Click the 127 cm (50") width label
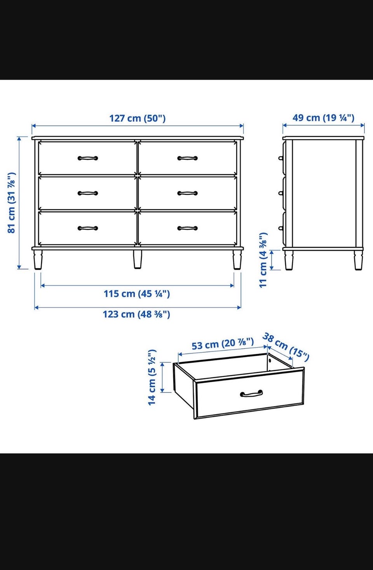137,118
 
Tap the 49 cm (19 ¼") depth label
323,118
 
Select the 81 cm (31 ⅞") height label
12,203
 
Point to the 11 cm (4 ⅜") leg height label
263,260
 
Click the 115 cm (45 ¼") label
137,294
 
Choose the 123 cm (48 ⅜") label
136,314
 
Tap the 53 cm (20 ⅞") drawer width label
223,344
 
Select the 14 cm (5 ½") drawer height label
152,378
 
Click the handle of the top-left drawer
88,158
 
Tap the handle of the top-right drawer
187,158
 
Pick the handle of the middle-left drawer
88,193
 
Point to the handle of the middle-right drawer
187,193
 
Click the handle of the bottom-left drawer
88,228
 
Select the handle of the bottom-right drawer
187,228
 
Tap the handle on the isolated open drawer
251,393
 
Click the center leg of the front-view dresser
138,259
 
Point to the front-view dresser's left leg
38,260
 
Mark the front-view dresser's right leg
237,260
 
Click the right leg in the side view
358,260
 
